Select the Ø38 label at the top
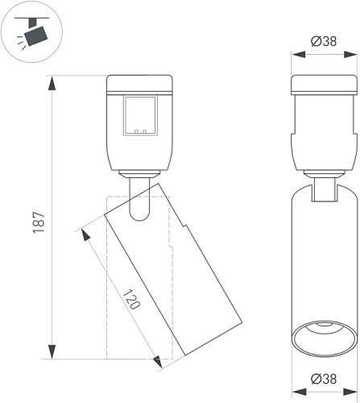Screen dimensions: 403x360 (324, 41)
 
